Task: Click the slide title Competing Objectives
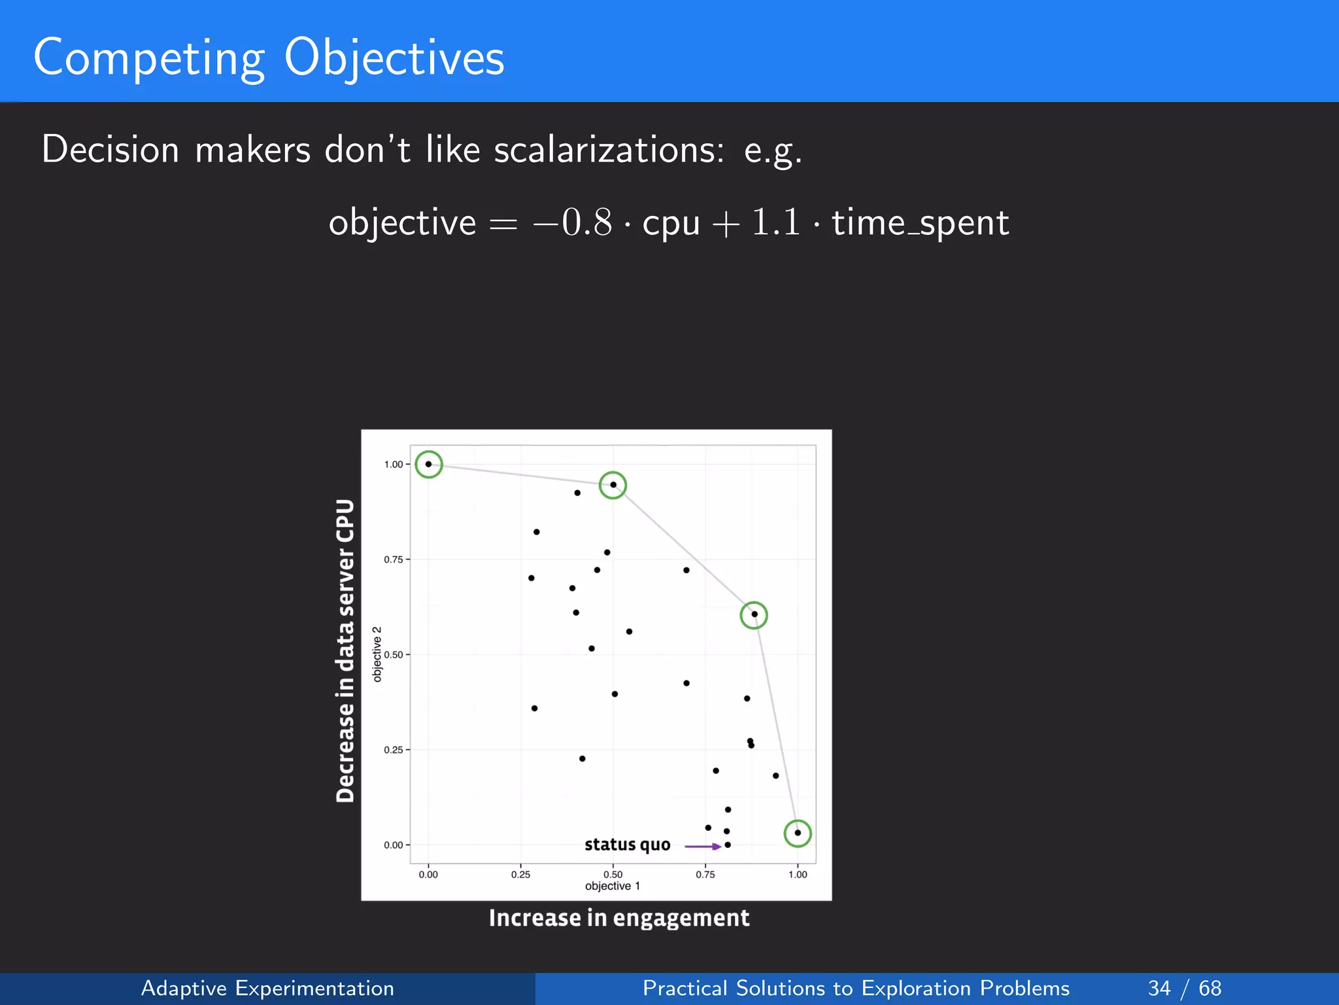[x=269, y=58]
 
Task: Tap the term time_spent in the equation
[x=920, y=222]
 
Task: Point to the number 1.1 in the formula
[x=775, y=222]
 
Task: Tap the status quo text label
[x=627, y=845]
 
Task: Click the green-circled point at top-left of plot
[x=429, y=465]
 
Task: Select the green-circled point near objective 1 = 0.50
[x=613, y=485]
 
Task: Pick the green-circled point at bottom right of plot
[x=798, y=833]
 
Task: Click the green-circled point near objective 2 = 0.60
[x=754, y=614]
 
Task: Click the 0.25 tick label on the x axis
[x=520, y=875]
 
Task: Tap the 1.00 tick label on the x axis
[x=798, y=875]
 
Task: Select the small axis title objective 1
[x=613, y=887]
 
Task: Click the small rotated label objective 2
[x=377, y=654]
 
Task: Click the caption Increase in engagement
[x=619, y=918]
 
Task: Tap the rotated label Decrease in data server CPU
[x=345, y=650]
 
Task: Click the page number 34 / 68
[x=1184, y=988]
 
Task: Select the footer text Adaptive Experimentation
[x=267, y=988]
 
